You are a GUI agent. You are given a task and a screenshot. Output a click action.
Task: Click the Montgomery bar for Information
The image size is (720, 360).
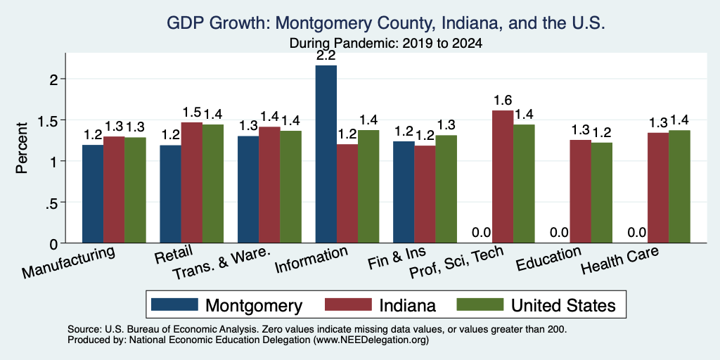(326, 154)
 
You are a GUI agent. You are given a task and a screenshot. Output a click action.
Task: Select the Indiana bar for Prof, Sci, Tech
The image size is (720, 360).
(503, 176)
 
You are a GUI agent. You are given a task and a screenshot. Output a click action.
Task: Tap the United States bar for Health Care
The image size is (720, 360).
(680, 186)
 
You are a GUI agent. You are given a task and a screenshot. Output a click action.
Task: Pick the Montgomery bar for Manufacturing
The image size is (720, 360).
(93, 194)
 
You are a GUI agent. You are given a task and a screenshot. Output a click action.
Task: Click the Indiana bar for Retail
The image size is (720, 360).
(191, 183)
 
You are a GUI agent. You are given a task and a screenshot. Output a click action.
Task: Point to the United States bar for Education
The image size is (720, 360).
(602, 193)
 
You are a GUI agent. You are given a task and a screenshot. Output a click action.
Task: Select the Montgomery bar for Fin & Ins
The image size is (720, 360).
(404, 192)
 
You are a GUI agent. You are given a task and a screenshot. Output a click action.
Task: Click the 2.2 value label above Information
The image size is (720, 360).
(326, 56)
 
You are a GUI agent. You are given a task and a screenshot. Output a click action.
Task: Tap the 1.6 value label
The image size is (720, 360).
(503, 101)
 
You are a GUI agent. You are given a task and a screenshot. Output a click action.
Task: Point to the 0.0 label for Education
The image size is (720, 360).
(559, 232)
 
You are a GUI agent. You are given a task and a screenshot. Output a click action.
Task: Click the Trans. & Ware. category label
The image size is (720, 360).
(221, 264)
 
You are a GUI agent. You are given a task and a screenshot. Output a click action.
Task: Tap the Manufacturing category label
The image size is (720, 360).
(68, 262)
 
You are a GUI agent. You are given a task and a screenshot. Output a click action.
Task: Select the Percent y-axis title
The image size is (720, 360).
(22, 148)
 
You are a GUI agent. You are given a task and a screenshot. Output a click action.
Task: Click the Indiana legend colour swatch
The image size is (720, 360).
(348, 304)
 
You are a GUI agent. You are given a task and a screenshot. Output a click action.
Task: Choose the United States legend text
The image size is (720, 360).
(563, 305)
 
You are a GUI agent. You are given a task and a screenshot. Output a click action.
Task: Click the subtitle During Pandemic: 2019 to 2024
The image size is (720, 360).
(386, 44)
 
